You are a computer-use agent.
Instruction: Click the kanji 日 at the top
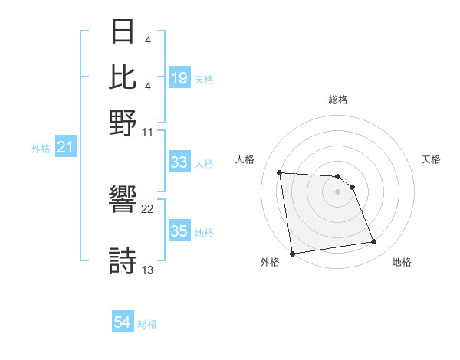pyautogui.click(x=123, y=33)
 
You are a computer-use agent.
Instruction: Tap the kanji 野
pyautogui.click(x=123, y=123)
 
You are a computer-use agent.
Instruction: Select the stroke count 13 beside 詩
pyautogui.click(x=148, y=270)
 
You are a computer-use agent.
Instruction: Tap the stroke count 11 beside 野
pyautogui.click(x=148, y=132)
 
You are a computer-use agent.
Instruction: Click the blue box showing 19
pyautogui.click(x=179, y=78)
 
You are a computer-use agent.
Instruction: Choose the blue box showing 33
pyautogui.click(x=179, y=163)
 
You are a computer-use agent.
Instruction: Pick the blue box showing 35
pyautogui.click(x=179, y=232)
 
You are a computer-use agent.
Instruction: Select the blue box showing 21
pyautogui.click(x=64, y=148)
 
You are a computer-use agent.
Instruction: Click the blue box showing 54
pyautogui.click(x=123, y=323)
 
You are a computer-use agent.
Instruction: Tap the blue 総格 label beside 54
pyautogui.click(x=148, y=324)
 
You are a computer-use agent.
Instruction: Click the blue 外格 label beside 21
pyautogui.click(x=41, y=149)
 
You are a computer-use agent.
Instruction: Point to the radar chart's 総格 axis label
pyautogui.click(x=338, y=100)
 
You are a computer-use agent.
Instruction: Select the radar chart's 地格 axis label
pyautogui.click(x=402, y=263)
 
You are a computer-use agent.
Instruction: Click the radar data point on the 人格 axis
pyautogui.click(x=280, y=172)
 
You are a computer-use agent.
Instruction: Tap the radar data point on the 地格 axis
pyautogui.click(x=373, y=242)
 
